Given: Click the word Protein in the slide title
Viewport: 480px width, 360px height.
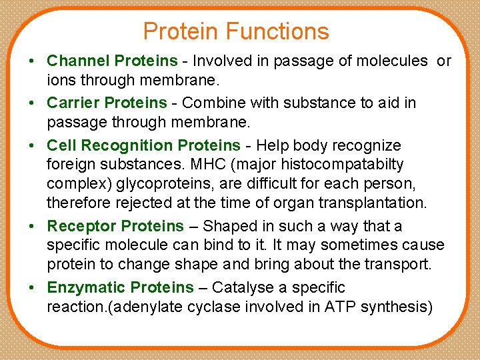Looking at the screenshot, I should pyautogui.click(x=181, y=31).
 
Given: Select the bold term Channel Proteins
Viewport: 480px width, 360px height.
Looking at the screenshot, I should pyautogui.click(x=112, y=61).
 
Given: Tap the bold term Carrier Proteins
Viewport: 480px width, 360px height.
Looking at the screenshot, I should pyautogui.click(x=107, y=103).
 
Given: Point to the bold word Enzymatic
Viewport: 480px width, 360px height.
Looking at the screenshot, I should pyautogui.click(x=87, y=287).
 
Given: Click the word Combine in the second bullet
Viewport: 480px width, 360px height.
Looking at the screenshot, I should pyautogui.click(x=207, y=103).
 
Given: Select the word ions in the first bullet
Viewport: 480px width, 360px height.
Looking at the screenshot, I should pyautogui.click(x=59, y=81).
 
